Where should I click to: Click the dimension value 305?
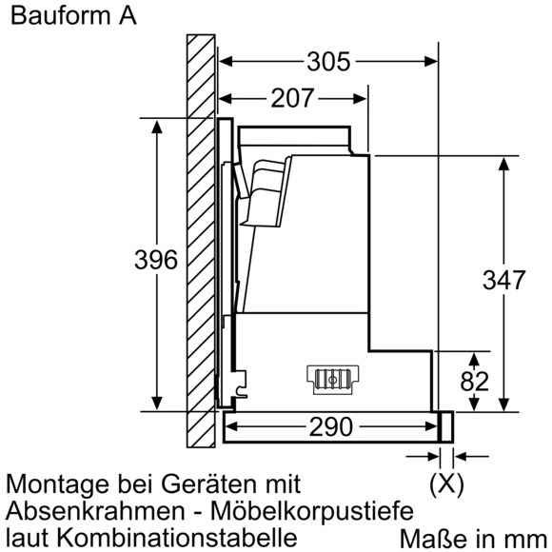pyautogui.click(x=328, y=62)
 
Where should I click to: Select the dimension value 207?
pyautogui.click(x=292, y=98)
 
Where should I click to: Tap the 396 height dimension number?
pyautogui.click(x=156, y=260)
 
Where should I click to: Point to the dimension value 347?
pyautogui.click(x=503, y=280)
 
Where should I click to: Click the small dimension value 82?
pyautogui.click(x=475, y=382)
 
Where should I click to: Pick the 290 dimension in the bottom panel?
pyautogui.click(x=330, y=426)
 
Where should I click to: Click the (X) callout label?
pyautogui.click(x=446, y=483)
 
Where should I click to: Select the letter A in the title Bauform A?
pyautogui.click(x=128, y=16)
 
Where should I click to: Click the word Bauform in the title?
pyautogui.click(x=60, y=16)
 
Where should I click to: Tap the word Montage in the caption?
pyautogui.click(x=57, y=485)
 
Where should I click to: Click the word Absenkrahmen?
pyautogui.click(x=95, y=511)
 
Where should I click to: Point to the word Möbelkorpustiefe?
pyautogui.click(x=312, y=510)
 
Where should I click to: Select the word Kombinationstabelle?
pyautogui.click(x=176, y=537)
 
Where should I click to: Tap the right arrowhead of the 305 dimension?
pyautogui.click(x=431, y=62)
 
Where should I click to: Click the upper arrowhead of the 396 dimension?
pyautogui.click(x=157, y=127)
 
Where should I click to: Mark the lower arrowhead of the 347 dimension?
pyautogui.click(x=504, y=404)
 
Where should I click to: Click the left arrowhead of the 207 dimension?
pyautogui.click(x=226, y=99)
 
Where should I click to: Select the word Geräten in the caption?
pyautogui.click(x=208, y=483)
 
